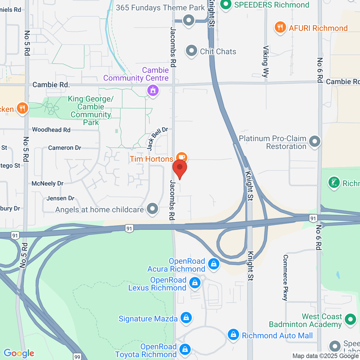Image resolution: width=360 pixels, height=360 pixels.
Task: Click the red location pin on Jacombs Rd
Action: pos(180,168)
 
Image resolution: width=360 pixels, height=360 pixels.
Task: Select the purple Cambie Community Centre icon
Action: pos(153,90)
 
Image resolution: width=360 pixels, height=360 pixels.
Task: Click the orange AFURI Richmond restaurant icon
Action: pos(280,28)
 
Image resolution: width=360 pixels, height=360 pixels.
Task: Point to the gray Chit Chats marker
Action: pos(191,51)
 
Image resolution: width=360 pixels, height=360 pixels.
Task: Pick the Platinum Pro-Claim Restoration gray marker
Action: pos(315,141)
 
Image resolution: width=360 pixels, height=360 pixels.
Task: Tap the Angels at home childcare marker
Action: pos(152,208)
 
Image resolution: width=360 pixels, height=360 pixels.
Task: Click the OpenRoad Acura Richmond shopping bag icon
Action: pos(214,264)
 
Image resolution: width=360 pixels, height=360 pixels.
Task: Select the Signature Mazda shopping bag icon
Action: pos(186,317)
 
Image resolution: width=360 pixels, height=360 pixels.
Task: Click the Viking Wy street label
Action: pos(265,61)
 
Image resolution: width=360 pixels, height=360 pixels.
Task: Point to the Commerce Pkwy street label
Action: pos(285,277)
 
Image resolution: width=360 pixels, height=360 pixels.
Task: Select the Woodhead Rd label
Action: pos(51,130)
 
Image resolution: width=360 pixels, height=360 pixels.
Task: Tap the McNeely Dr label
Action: pos(48,184)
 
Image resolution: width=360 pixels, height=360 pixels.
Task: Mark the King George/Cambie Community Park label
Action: pos(91,110)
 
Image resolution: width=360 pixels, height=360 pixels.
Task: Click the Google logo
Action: pos(19,353)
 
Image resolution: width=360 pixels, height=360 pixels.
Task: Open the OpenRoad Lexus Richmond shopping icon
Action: pos(195,283)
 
